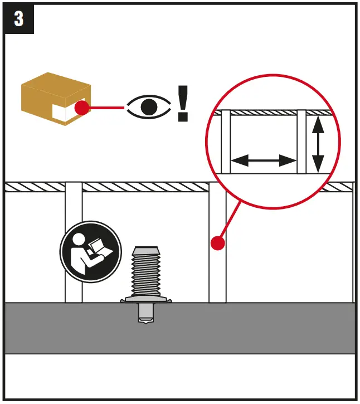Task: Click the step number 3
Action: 19,19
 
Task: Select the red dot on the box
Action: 82,108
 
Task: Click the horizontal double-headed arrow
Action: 263,161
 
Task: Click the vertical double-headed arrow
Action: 317,144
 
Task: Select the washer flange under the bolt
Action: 146,300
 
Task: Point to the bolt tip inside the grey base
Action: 146,319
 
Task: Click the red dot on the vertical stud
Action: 217,243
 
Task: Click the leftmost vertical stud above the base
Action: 74,245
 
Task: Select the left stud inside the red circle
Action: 226,142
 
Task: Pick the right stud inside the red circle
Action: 301,142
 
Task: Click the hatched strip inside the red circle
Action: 262,113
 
